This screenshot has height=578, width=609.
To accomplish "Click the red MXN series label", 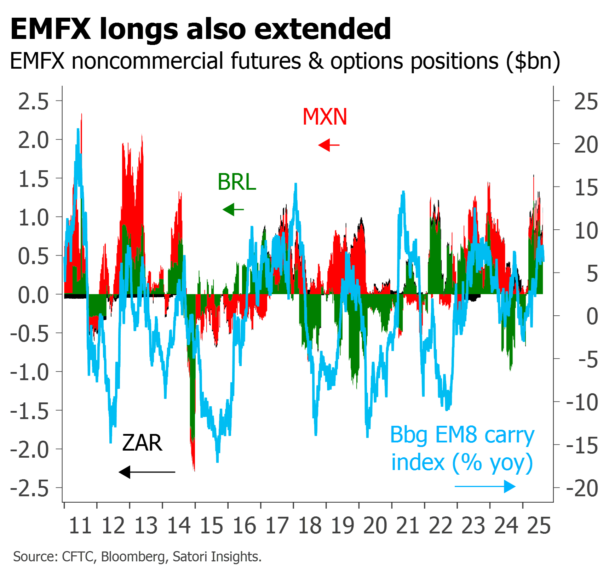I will click(x=325, y=116).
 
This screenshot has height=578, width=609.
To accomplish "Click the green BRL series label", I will click(x=237, y=182).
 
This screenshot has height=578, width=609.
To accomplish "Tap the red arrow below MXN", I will click(x=329, y=145).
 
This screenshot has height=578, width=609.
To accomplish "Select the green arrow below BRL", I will click(x=233, y=210).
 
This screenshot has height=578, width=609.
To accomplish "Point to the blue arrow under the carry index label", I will click(x=485, y=486).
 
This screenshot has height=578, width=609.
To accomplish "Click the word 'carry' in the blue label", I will click(x=509, y=435).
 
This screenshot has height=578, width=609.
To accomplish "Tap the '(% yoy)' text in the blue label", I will click(x=493, y=463).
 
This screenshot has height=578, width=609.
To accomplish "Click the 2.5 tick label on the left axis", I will click(x=33, y=102).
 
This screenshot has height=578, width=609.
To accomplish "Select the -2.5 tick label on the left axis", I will click(x=30, y=489).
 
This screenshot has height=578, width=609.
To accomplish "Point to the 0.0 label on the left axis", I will click(x=33, y=295).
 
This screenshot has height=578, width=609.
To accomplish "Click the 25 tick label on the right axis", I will click(x=586, y=102).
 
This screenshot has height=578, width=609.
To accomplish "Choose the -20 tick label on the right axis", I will click(x=582, y=489).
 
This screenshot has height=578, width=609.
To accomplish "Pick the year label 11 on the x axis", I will click(x=80, y=526).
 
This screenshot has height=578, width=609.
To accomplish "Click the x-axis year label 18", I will click(x=310, y=526).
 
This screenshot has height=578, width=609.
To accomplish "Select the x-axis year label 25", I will click(x=539, y=526).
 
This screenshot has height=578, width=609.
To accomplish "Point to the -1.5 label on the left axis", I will click(x=30, y=411).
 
